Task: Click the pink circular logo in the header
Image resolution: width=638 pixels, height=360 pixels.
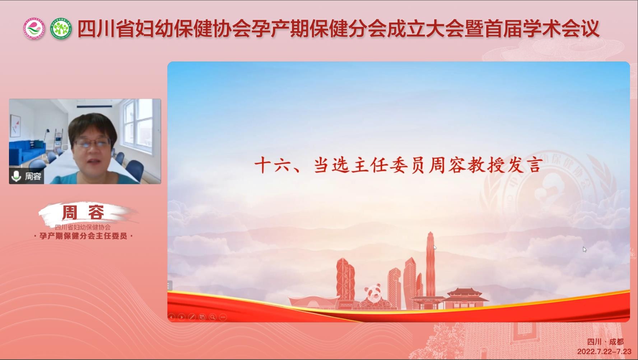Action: [x=34, y=28]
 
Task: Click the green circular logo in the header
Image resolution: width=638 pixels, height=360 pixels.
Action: [x=61, y=28]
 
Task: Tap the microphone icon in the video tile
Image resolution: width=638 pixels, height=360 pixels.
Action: [x=16, y=176]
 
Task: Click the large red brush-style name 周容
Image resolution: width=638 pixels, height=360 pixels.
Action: [x=83, y=212]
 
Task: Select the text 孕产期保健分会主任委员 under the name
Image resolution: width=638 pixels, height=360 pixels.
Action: [x=83, y=236]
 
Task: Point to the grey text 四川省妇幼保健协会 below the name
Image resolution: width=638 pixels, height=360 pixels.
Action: [x=83, y=227]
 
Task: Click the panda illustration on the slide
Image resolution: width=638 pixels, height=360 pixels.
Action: [x=374, y=296]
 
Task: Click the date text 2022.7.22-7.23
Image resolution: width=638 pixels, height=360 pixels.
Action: [x=604, y=351]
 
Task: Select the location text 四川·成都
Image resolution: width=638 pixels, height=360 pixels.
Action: [x=605, y=342]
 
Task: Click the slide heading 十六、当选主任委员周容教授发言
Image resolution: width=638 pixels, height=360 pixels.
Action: [x=399, y=165]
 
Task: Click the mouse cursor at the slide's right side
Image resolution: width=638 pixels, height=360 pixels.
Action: [x=585, y=249]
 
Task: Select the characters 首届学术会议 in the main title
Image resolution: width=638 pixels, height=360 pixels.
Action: [x=542, y=29]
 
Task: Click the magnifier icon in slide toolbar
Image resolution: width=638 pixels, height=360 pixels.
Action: [x=213, y=317]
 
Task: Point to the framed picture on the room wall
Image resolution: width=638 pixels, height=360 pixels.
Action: [x=15, y=126]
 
